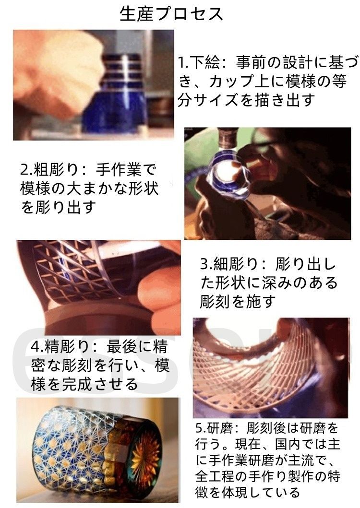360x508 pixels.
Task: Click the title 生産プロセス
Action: (171, 14)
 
